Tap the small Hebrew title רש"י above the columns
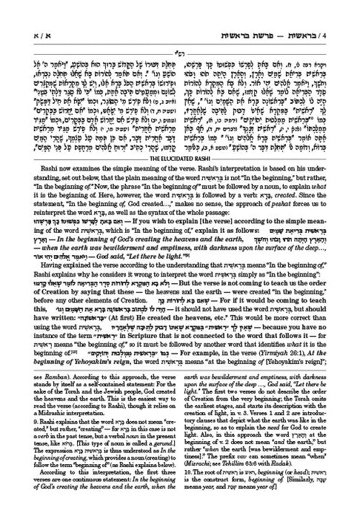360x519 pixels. pos(180,26)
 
